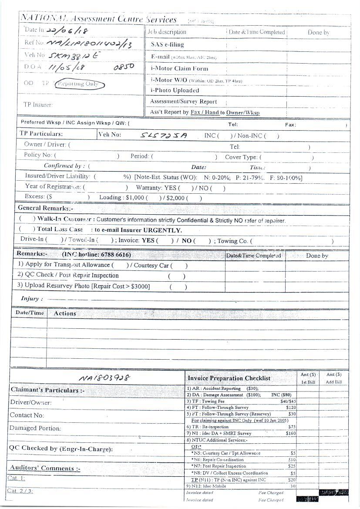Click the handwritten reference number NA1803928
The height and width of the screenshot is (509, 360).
(104, 378)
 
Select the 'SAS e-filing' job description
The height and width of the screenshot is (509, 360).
(167, 44)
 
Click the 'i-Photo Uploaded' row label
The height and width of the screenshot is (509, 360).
(175, 91)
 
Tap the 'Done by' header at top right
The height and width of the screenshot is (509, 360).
(318, 32)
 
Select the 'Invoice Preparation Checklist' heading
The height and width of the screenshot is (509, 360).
(229, 378)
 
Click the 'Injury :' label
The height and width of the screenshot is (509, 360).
(32, 299)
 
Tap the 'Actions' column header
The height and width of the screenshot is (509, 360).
(65, 313)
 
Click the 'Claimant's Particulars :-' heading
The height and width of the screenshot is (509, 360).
(44, 390)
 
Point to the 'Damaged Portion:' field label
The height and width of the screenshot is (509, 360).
(35, 428)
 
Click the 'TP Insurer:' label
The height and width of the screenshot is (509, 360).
(38, 104)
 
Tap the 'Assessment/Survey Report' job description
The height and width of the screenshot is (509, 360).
(183, 101)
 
